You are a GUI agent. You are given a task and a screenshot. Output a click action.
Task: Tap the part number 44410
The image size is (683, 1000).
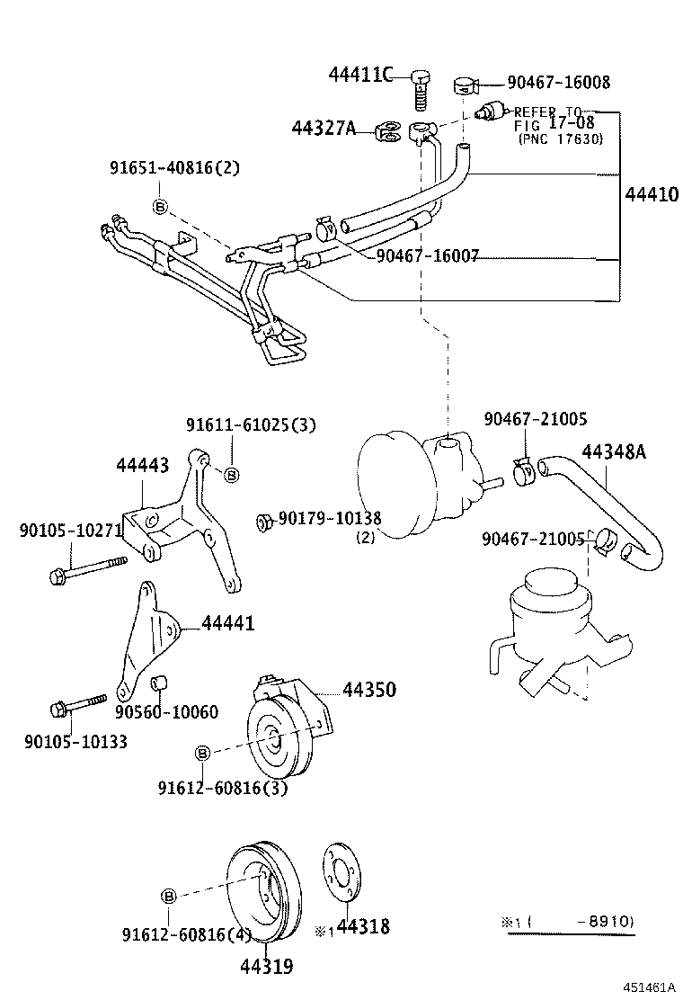(652, 193)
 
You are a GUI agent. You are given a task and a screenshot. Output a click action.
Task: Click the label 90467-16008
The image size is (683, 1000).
(558, 83)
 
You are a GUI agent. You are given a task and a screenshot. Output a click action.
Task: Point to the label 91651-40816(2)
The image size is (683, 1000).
(175, 168)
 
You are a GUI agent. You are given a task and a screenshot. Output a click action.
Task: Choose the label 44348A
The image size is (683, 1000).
(614, 451)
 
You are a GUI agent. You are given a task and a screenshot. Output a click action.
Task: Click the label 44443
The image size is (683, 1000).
(142, 465)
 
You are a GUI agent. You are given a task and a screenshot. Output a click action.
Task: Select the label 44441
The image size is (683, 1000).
(228, 623)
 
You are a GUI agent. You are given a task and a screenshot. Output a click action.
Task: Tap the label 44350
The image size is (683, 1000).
(369, 690)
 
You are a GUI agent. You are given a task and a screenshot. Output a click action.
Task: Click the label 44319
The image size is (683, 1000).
(266, 967)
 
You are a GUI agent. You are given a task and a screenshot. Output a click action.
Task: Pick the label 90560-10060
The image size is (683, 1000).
(166, 712)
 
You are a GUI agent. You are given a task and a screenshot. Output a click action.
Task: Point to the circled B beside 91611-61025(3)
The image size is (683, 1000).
(231, 474)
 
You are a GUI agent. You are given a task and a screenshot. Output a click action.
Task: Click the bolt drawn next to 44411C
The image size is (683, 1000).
(421, 86)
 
